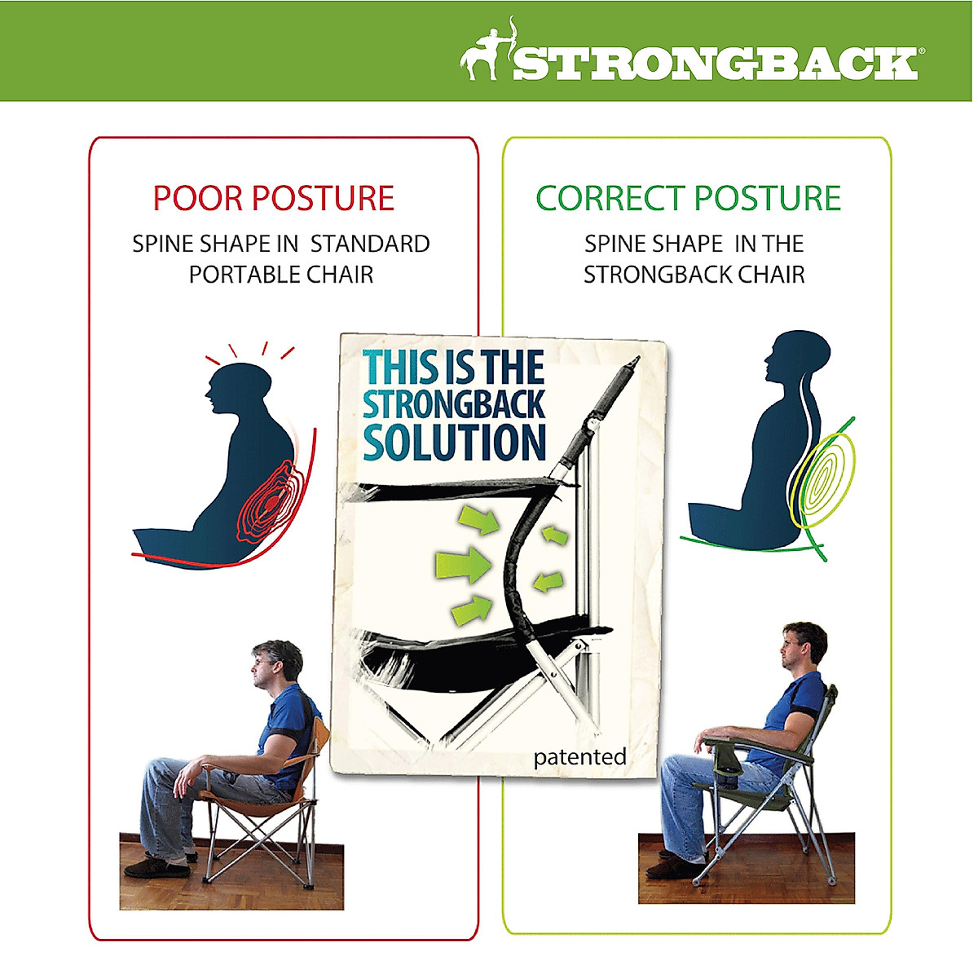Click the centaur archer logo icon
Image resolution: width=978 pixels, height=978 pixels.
click(486, 51)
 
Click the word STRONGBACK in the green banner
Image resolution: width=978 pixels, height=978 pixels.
click(715, 64)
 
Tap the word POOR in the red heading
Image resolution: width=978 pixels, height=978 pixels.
click(198, 198)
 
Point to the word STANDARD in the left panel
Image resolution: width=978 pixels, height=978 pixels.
click(370, 244)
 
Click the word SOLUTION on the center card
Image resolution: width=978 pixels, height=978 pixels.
click(454, 442)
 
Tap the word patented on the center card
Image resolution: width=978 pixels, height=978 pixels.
click(579, 757)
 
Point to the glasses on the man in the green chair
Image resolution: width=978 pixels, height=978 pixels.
click(788, 644)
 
